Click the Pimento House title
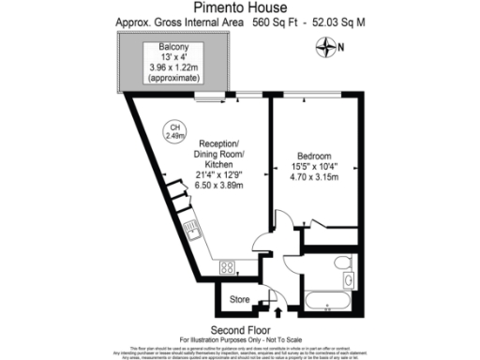[x=239, y=7]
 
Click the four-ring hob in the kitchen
[x=227, y=268]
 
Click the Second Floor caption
[x=240, y=330]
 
